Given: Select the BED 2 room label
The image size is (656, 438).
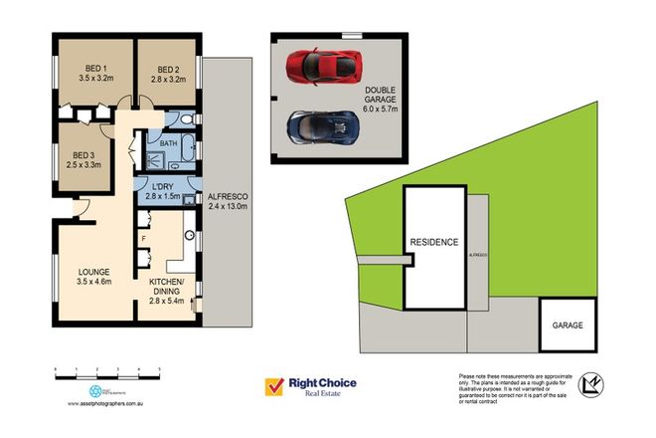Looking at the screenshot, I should (166, 72).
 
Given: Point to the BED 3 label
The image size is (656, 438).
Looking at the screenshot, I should (84, 160).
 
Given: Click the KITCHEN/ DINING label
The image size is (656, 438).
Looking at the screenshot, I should (168, 290).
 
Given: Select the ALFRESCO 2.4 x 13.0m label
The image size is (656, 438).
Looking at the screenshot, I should (227, 202).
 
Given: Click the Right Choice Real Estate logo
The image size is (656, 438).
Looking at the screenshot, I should (309, 386).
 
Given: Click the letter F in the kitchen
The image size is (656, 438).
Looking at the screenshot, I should (144, 239).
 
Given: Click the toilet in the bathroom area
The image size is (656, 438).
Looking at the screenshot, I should (188, 120).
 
